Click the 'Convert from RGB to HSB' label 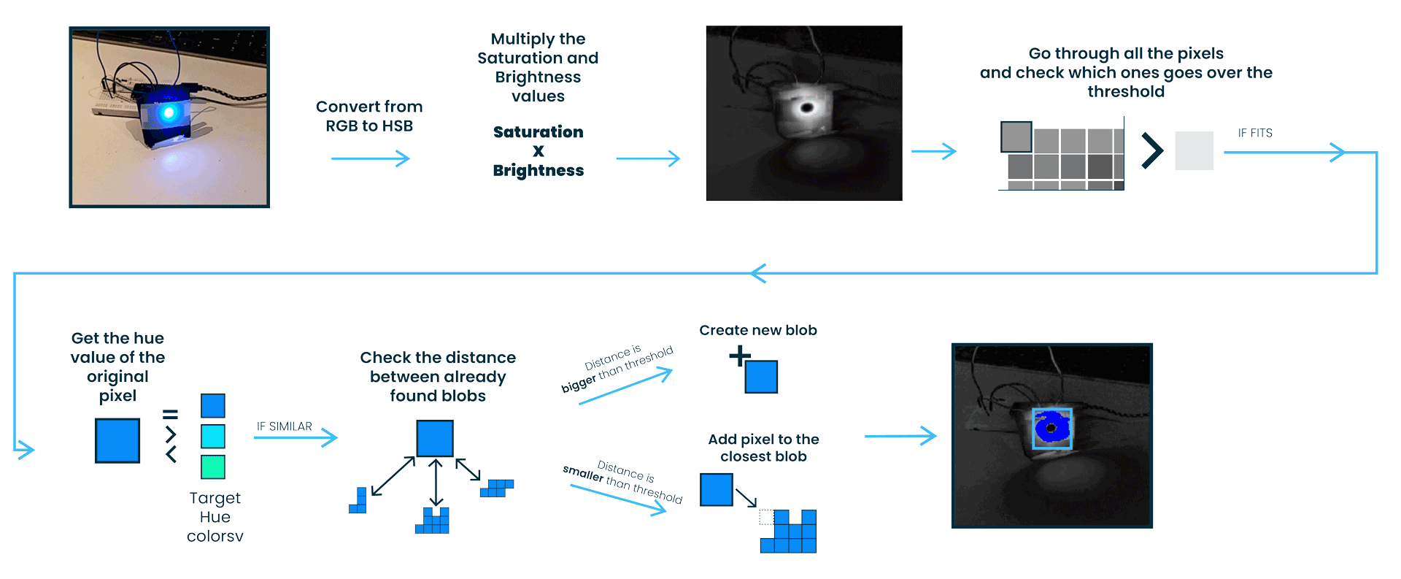[x=369, y=116]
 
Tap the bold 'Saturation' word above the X [x=538, y=132]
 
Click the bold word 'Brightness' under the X [x=538, y=171]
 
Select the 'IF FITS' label [x=1254, y=133]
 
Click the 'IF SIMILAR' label [x=284, y=426]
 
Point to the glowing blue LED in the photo [x=169, y=112]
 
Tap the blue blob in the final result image [x=1051, y=428]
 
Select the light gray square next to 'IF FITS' [x=1194, y=150]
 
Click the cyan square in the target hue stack [x=212, y=436]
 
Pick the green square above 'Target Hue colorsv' [x=212, y=467]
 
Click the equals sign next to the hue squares [x=170, y=414]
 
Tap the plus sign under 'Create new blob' [x=739, y=356]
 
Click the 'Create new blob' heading [x=757, y=330]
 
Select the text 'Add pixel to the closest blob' [x=763, y=448]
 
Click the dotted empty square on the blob [x=766, y=517]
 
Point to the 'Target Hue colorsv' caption [x=215, y=517]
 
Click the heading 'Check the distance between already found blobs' [x=438, y=377]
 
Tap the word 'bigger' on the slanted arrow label [x=578, y=384]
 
